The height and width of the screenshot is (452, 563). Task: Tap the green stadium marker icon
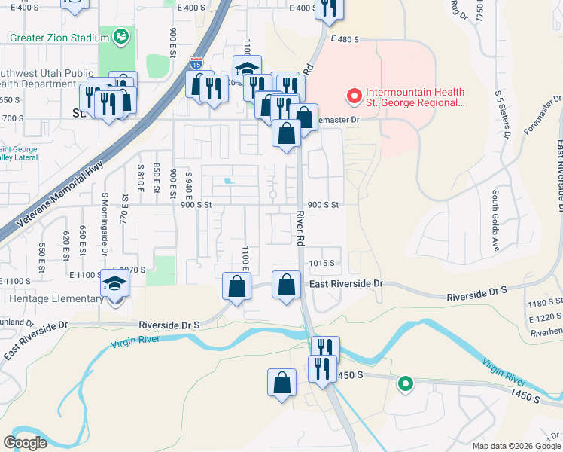coord(121,35)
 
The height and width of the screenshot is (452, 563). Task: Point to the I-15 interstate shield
coord(196,65)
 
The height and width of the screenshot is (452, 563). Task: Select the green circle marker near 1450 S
coord(406,385)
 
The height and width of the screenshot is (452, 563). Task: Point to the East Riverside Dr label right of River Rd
coord(346,283)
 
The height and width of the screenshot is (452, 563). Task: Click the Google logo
coord(26,442)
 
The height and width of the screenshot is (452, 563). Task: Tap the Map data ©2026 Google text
coord(516,446)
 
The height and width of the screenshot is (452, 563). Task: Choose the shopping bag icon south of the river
coord(281,381)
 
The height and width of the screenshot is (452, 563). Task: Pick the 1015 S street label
coord(321,263)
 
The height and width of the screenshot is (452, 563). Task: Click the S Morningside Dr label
coord(105,226)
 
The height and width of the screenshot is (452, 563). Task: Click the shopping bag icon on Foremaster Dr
coord(303,118)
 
